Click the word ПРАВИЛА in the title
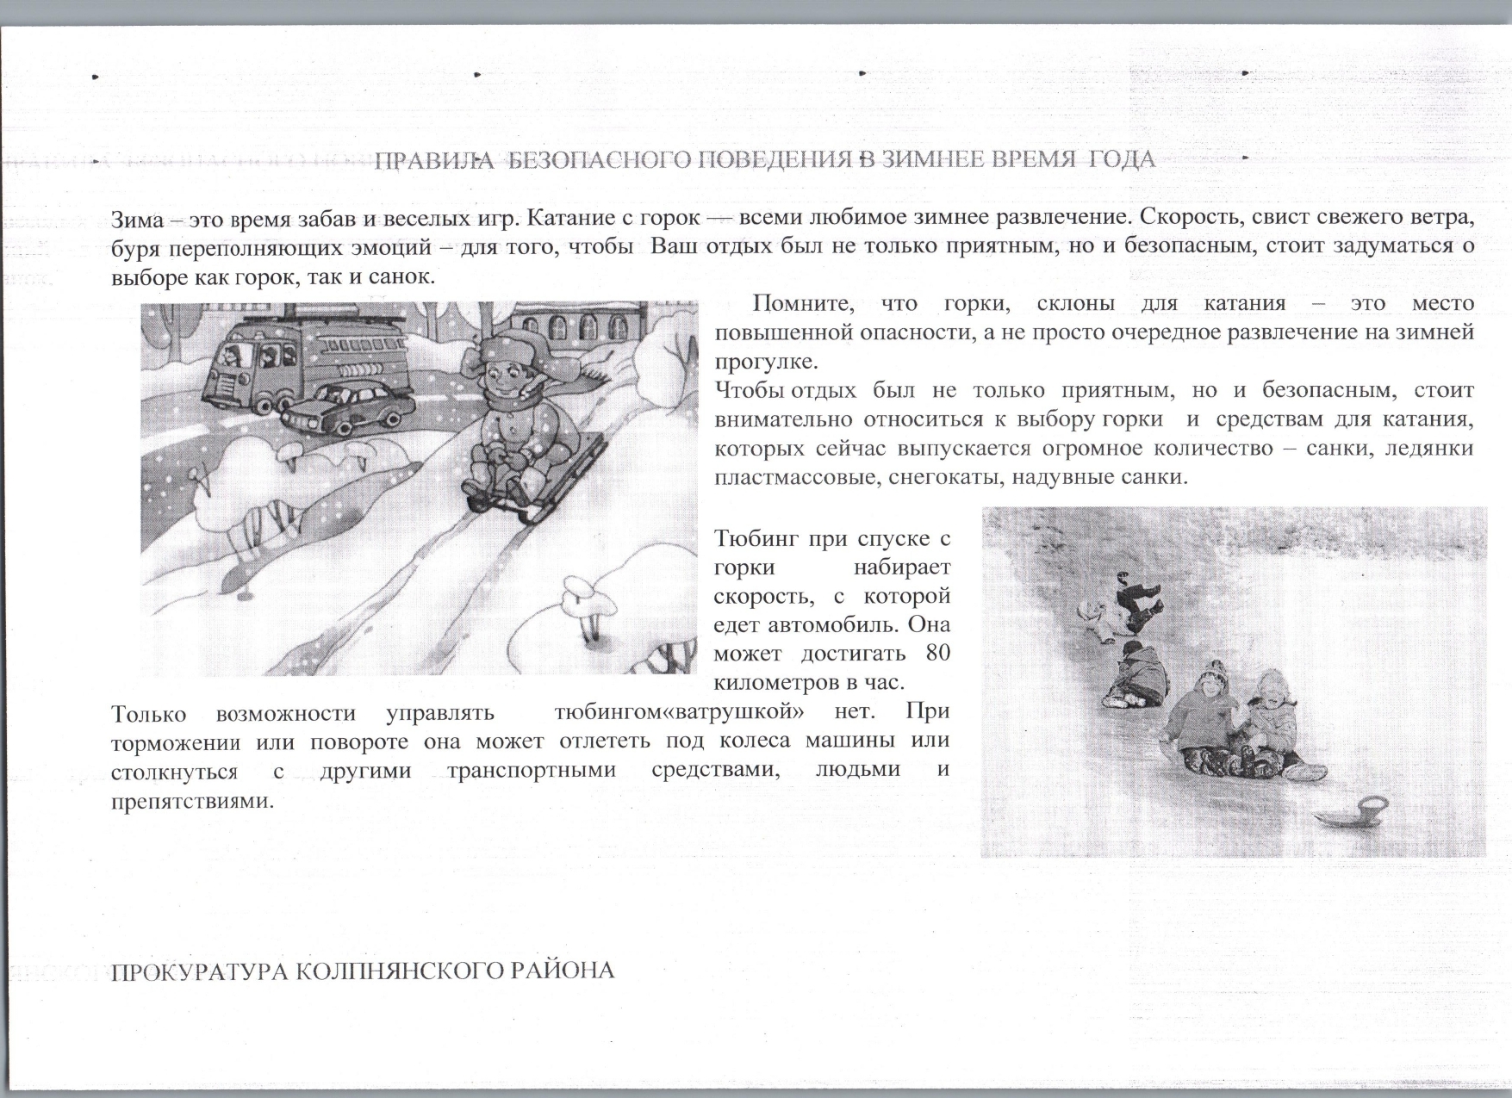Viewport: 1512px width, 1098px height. click(434, 160)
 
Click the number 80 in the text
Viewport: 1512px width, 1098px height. click(937, 653)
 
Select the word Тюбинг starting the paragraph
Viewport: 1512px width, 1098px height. click(755, 539)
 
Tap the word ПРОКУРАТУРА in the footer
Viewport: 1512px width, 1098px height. click(200, 971)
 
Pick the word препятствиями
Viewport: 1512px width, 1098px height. click(192, 800)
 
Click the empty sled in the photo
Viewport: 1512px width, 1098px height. click(1353, 809)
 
